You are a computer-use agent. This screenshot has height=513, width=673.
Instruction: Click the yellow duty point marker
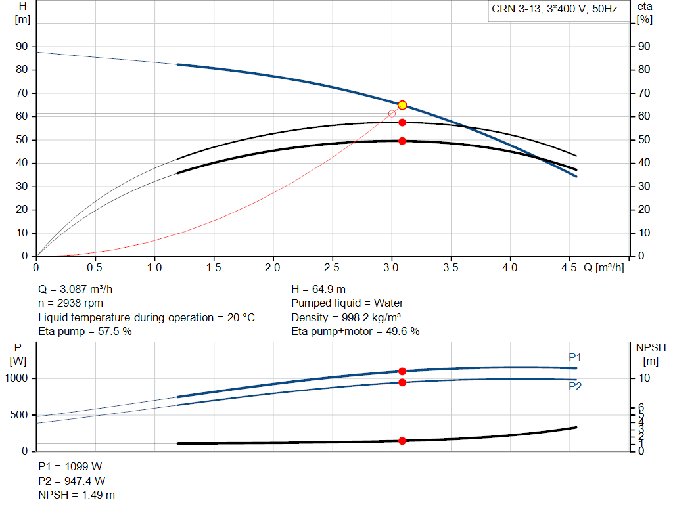point(402,105)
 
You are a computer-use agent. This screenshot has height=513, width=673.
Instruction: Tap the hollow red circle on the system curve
point(392,114)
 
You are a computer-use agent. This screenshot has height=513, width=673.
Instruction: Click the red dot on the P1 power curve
point(402,372)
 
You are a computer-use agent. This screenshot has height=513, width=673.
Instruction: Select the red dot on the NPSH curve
point(402,441)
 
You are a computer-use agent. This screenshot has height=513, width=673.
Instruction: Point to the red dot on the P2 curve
point(402,382)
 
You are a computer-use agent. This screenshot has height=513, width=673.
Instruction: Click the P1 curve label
point(575,358)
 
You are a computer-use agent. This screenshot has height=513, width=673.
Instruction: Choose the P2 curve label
point(575,386)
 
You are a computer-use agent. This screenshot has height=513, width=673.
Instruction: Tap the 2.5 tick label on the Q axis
point(332,267)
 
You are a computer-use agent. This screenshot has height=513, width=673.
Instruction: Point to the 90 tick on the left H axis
point(22,47)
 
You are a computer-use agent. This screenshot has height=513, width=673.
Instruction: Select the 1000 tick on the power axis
point(16,378)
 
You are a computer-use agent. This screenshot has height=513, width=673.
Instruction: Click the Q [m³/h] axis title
point(604,267)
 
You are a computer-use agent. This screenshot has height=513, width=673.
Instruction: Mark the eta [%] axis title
point(645,13)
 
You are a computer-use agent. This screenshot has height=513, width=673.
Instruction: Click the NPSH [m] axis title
point(651,354)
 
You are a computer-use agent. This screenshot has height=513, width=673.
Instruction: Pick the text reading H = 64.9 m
point(319,290)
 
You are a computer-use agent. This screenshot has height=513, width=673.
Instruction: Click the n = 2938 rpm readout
point(71,303)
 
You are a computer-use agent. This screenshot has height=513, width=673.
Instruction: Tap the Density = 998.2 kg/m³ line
point(346,317)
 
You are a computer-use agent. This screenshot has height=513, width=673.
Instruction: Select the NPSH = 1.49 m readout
point(77,495)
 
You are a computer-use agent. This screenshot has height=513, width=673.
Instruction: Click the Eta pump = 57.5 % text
point(85,332)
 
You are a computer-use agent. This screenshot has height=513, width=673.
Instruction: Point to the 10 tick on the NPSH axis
point(644,378)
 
